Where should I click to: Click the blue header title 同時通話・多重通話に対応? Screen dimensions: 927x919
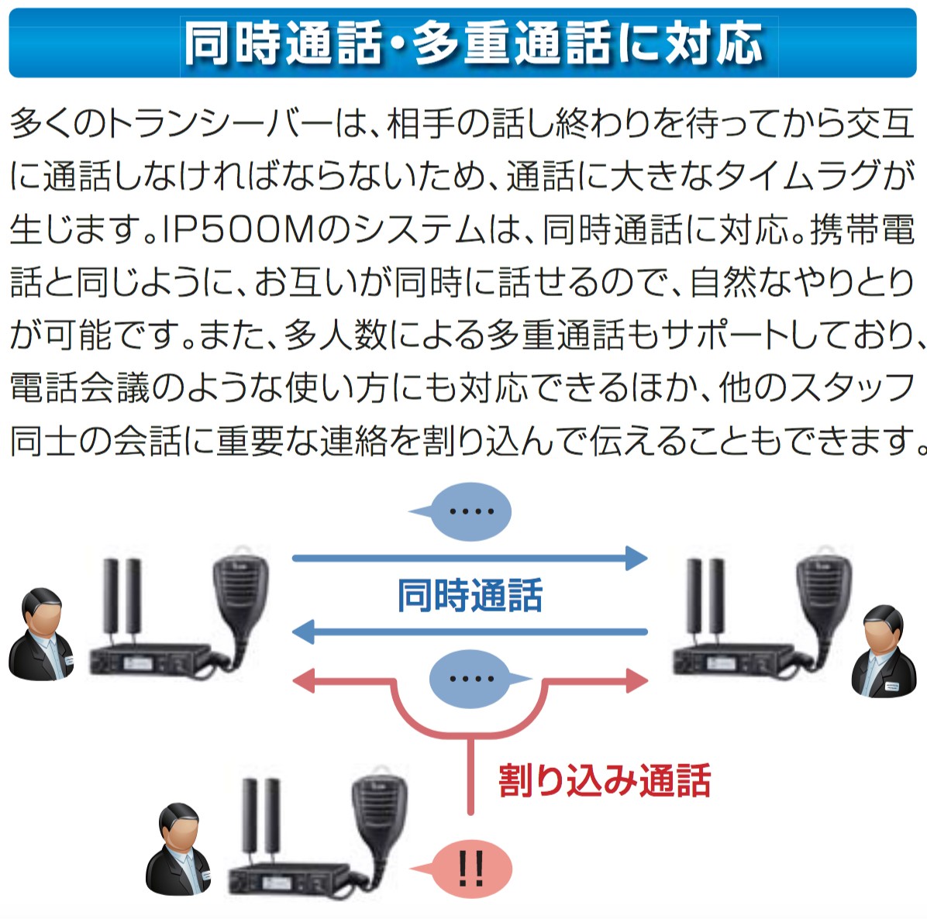click(474, 43)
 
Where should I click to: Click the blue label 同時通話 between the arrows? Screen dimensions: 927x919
click(470, 595)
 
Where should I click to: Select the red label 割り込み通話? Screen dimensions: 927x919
click(604, 780)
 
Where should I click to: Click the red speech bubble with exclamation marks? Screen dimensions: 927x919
click(470, 869)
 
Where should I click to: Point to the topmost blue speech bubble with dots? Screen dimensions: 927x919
click(470, 511)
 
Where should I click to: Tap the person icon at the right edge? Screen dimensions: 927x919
click(884, 651)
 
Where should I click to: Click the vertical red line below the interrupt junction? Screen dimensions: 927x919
click(470, 775)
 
